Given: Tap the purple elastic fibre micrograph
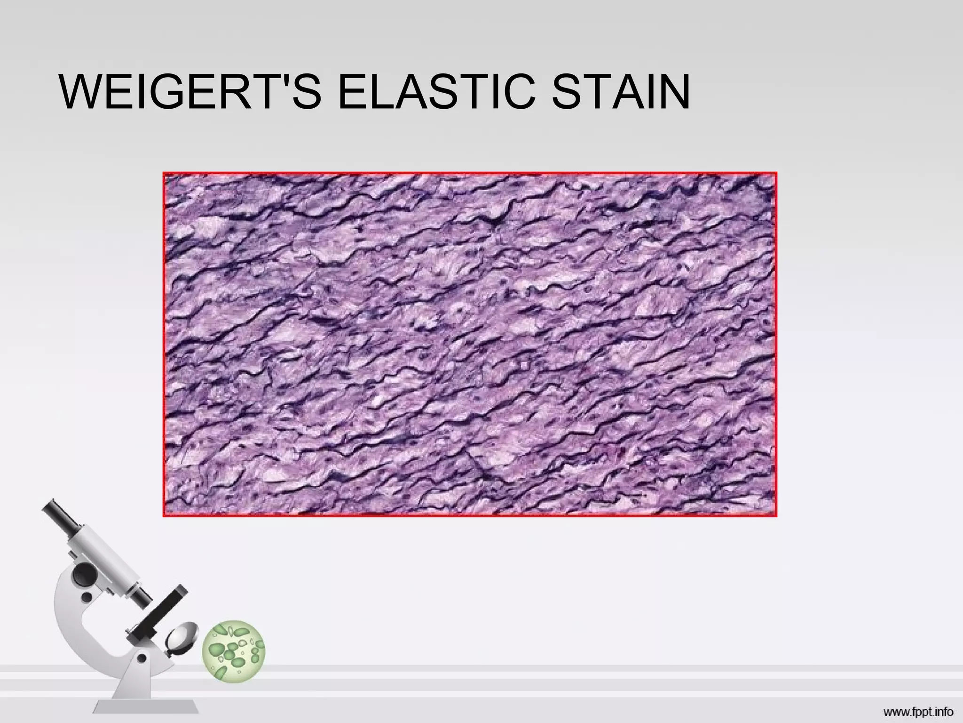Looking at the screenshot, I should pyautogui.click(x=469, y=344).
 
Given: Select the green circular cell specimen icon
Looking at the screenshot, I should pyautogui.click(x=234, y=651).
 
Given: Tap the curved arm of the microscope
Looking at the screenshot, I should pyautogui.click(x=75, y=626).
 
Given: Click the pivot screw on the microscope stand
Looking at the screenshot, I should pyautogui.click(x=142, y=659).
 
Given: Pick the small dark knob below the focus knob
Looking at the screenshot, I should pyautogui.click(x=87, y=597).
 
